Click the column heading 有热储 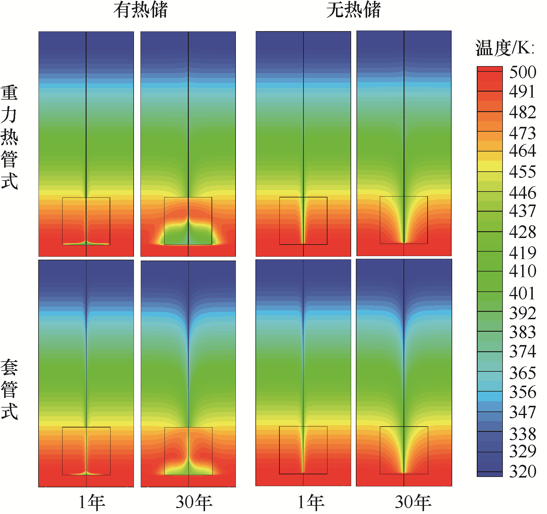coord(140,10)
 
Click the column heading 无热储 coord(353,10)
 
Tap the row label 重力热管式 coord(9,137)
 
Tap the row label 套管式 coord(9,389)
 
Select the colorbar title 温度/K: coord(505,48)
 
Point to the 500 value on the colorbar coord(523,72)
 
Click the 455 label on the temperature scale coord(523,172)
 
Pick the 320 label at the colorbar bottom coord(523,471)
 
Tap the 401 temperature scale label coord(523,293)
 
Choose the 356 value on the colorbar coord(523,392)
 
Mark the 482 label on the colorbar coord(523,112)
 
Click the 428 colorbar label coord(523,232)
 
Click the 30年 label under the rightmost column coord(413,502)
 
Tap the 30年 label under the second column coord(194,502)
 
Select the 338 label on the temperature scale coord(523,434)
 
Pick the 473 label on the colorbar coord(523,133)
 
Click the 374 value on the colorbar coord(523,352)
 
